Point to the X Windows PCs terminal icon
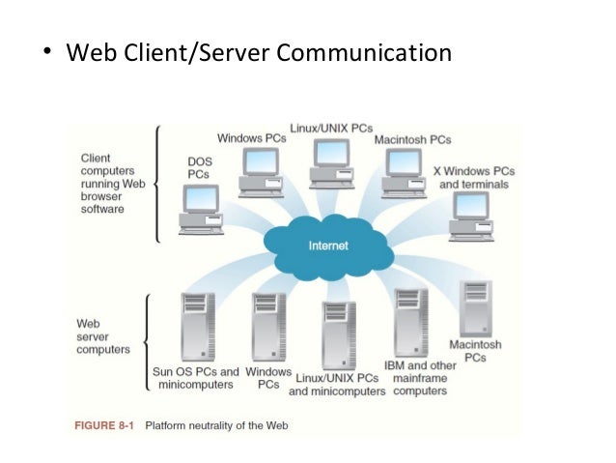coord(470,215)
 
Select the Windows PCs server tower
coord(267,328)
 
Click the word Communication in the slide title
coord(364,50)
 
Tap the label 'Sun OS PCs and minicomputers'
coord(196,378)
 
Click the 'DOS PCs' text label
coord(198,168)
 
